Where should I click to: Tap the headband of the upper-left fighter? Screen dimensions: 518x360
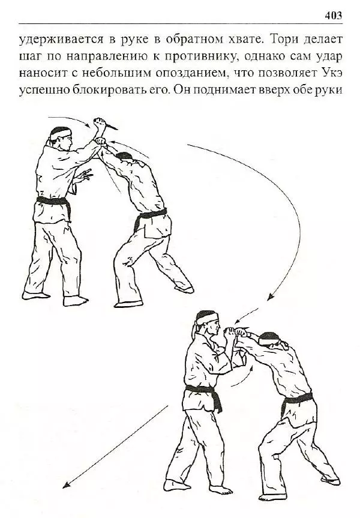pyautogui.click(x=60, y=130)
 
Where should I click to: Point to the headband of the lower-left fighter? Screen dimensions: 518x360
pyautogui.click(x=207, y=316)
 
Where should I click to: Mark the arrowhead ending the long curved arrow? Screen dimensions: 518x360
pyautogui.click(x=270, y=297)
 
